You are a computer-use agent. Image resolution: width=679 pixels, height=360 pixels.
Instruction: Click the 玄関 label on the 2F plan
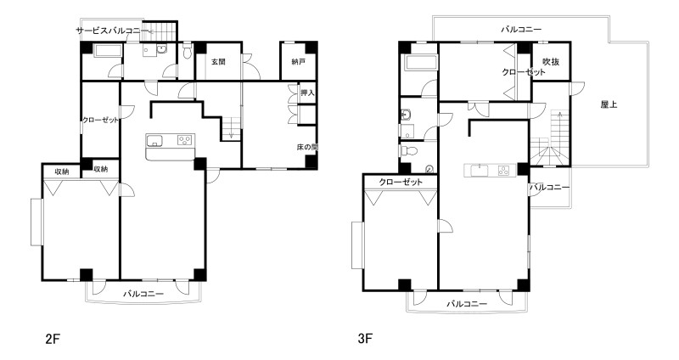(218, 61)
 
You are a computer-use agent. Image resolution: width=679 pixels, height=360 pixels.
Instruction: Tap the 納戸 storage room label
(299, 61)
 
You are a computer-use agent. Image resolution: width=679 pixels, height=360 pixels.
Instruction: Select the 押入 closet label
(307, 93)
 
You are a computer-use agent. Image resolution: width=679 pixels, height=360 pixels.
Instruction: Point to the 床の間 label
(307, 147)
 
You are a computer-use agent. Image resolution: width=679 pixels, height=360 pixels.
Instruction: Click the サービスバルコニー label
(112, 31)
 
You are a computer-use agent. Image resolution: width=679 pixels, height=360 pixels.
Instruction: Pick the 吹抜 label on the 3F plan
(551, 61)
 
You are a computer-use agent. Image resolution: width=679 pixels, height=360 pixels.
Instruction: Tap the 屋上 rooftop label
(609, 104)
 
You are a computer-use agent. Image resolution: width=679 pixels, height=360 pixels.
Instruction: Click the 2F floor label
(52, 338)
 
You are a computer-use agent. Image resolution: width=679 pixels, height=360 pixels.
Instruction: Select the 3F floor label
(365, 338)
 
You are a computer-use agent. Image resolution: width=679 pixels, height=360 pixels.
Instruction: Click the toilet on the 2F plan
(188, 51)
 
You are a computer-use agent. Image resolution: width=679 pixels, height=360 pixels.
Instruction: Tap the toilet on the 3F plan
(409, 151)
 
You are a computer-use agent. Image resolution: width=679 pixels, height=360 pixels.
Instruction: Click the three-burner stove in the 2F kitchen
(185, 140)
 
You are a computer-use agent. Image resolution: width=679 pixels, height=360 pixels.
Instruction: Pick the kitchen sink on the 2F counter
(154, 141)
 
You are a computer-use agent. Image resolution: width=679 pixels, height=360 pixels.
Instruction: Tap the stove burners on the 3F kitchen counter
(504, 171)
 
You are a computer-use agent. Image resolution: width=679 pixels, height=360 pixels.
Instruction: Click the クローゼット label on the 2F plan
(100, 120)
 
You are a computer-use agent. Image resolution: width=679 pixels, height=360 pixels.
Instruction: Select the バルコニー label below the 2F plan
(143, 294)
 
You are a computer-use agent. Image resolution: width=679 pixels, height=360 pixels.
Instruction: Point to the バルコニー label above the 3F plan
(521, 30)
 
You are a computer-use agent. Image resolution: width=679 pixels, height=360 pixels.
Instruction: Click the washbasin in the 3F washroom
(407, 115)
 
